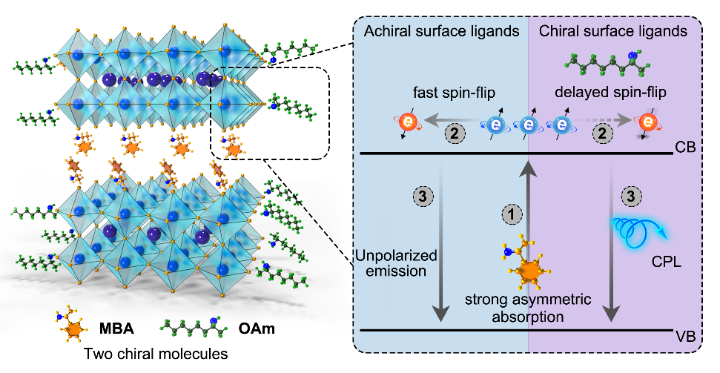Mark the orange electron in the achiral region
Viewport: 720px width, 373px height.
[405, 123]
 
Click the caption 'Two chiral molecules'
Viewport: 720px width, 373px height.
[144, 354]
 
